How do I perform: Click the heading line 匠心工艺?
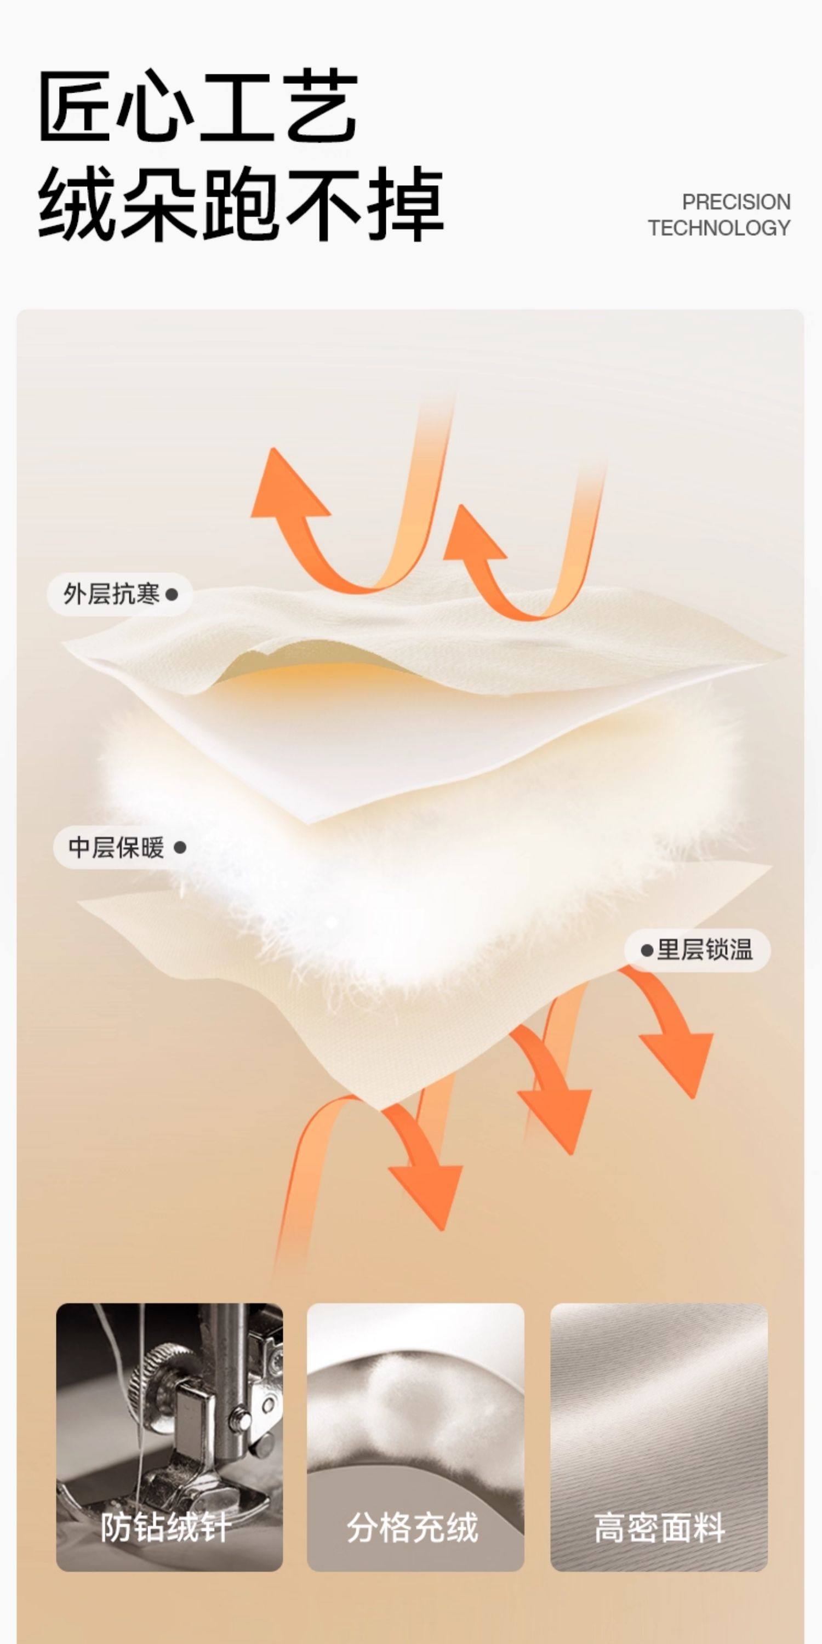pos(198,106)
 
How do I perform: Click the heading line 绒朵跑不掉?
pos(241,204)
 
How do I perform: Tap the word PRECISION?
pos(736,202)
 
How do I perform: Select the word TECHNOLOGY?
pos(719,228)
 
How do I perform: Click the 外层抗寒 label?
pos(111,594)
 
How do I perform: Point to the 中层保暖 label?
pos(116,848)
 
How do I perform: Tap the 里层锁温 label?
pos(705,950)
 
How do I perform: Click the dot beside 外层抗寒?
pos(171,595)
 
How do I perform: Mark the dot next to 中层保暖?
pos(180,848)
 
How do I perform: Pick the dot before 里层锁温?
pos(647,951)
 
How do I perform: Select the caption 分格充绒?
pos(412,1527)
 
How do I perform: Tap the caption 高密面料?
pos(659,1527)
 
